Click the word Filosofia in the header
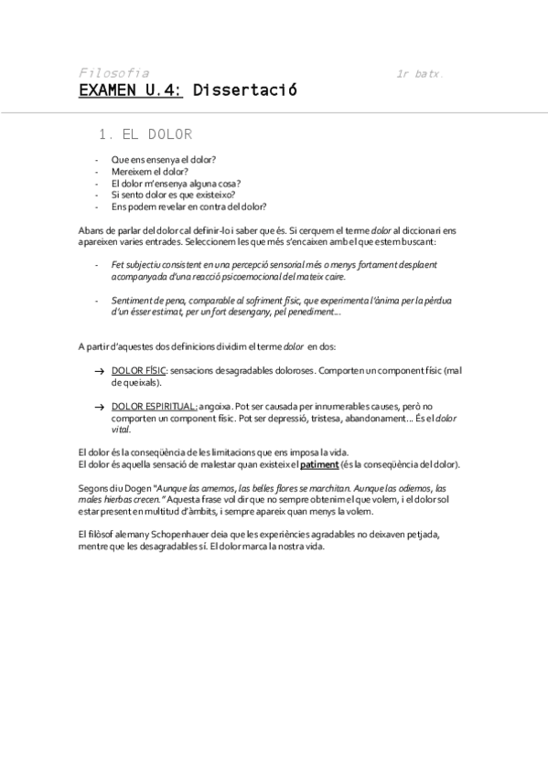tap(114, 72)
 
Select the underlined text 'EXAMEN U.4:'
tap(130, 90)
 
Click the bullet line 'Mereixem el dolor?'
tap(150, 171)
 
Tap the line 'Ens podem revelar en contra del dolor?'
tap(188, 207)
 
